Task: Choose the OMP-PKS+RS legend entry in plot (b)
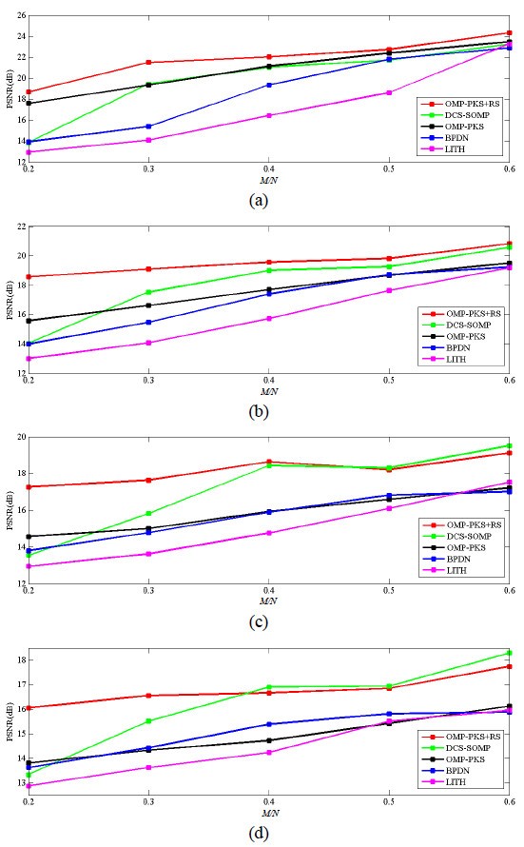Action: pos(465,313)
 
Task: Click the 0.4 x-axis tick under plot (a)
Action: pos(269,169)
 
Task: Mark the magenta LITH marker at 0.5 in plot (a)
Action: pos(389,92)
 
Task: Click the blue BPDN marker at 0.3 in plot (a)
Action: pos(148,126)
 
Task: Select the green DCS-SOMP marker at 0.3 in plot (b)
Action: pos(148,292)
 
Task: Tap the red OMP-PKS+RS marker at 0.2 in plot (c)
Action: pos(29,486)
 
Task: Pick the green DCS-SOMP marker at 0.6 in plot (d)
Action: pos(510,653)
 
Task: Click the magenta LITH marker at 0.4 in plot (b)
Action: pos(269,318)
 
